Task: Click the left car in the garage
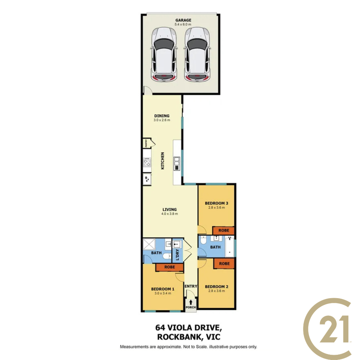164,54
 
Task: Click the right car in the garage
197,54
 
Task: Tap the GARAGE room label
183,20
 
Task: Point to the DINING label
162,116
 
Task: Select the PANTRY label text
146,143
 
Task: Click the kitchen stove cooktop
147,162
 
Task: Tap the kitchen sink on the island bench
177,163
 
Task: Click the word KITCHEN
162,161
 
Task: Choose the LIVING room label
170,210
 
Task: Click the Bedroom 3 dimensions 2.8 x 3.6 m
217,207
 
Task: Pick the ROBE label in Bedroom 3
224,230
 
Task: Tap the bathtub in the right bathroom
230,247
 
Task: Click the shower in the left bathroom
149,244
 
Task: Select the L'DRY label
177,255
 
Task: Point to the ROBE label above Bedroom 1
170,267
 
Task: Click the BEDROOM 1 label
162,289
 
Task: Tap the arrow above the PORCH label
191,302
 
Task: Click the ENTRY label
191,286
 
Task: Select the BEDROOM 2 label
217,287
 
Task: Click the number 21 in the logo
335,329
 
